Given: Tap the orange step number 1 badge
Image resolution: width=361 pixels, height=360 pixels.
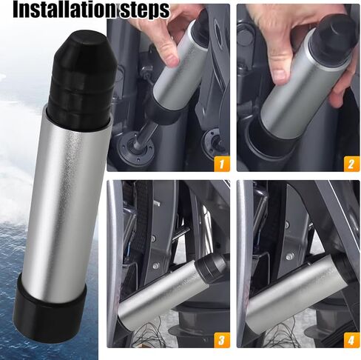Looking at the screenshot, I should (x=220, y=161).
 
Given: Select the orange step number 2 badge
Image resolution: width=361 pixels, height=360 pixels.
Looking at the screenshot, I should (x=350, y=161).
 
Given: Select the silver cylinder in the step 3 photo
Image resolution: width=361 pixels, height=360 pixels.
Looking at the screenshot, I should (x=163, y=293).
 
